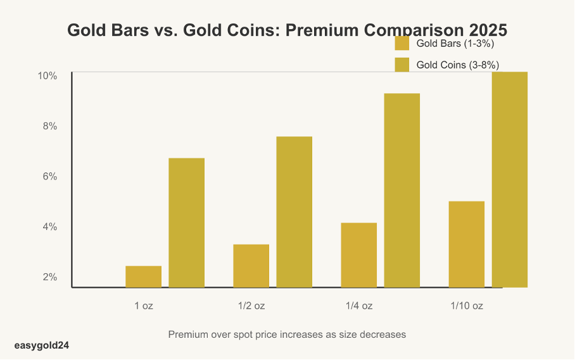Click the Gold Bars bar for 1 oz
click(143, 276)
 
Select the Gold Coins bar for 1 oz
click(186, 222)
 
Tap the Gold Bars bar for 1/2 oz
click(251, 266)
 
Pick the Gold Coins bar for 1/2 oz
click(294, 212)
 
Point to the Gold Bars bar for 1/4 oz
click(358, 255)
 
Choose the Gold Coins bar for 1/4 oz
click(401, 190)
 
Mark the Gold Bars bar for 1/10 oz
click(466, 244)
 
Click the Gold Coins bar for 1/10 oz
click(509, 179)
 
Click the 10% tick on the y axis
click(47, 76)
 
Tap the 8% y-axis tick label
click(50, 126)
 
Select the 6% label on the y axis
click(50, 177)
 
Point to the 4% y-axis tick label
click(50, 227)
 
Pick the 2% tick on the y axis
click(50, 278)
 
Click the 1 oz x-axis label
click(144, 305)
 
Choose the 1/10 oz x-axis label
click(467, 305)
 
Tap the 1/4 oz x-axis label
click(359, 305)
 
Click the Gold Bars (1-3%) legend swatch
click(402, 44)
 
